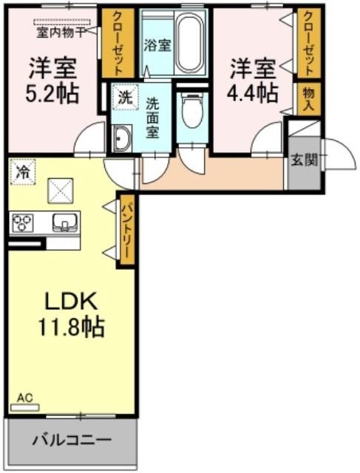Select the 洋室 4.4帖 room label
tap(253, 81)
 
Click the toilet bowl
tap(191, 114)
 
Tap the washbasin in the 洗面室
tap(121, 137)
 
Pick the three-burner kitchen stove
tap(25, 221)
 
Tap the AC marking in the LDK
tap(25, 398)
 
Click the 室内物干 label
tap(62, 30)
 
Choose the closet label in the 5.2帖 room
tap(115, 44)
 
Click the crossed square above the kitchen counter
tap(60, 191)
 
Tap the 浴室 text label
tap(158, 44)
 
